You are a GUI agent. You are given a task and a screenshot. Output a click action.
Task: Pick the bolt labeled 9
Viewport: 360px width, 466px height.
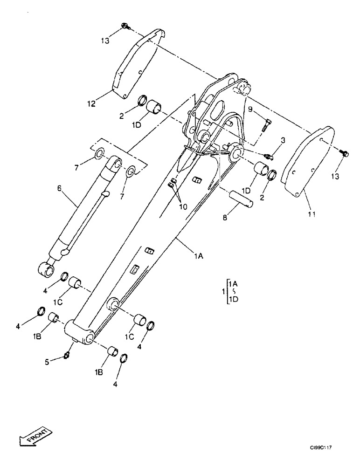coord(267,125)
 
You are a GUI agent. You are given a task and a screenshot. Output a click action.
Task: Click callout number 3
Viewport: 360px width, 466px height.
coord(282,140)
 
